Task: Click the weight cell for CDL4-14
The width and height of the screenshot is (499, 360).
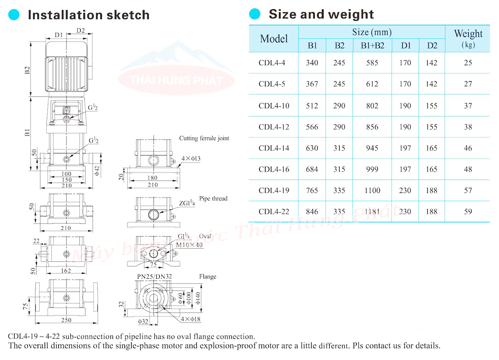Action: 468,148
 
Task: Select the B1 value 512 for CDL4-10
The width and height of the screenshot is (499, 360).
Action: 312,106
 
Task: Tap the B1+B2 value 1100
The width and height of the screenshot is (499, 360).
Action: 372,190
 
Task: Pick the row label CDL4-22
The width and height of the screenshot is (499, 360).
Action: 274,212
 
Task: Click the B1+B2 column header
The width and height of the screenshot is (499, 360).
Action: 373,45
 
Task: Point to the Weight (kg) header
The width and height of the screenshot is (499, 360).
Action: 468,38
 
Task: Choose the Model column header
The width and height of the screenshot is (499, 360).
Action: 274,39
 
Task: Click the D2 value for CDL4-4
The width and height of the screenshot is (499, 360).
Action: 432,63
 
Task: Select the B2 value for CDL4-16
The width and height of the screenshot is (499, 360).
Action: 339,170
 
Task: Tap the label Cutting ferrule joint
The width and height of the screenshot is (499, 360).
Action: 204,138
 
